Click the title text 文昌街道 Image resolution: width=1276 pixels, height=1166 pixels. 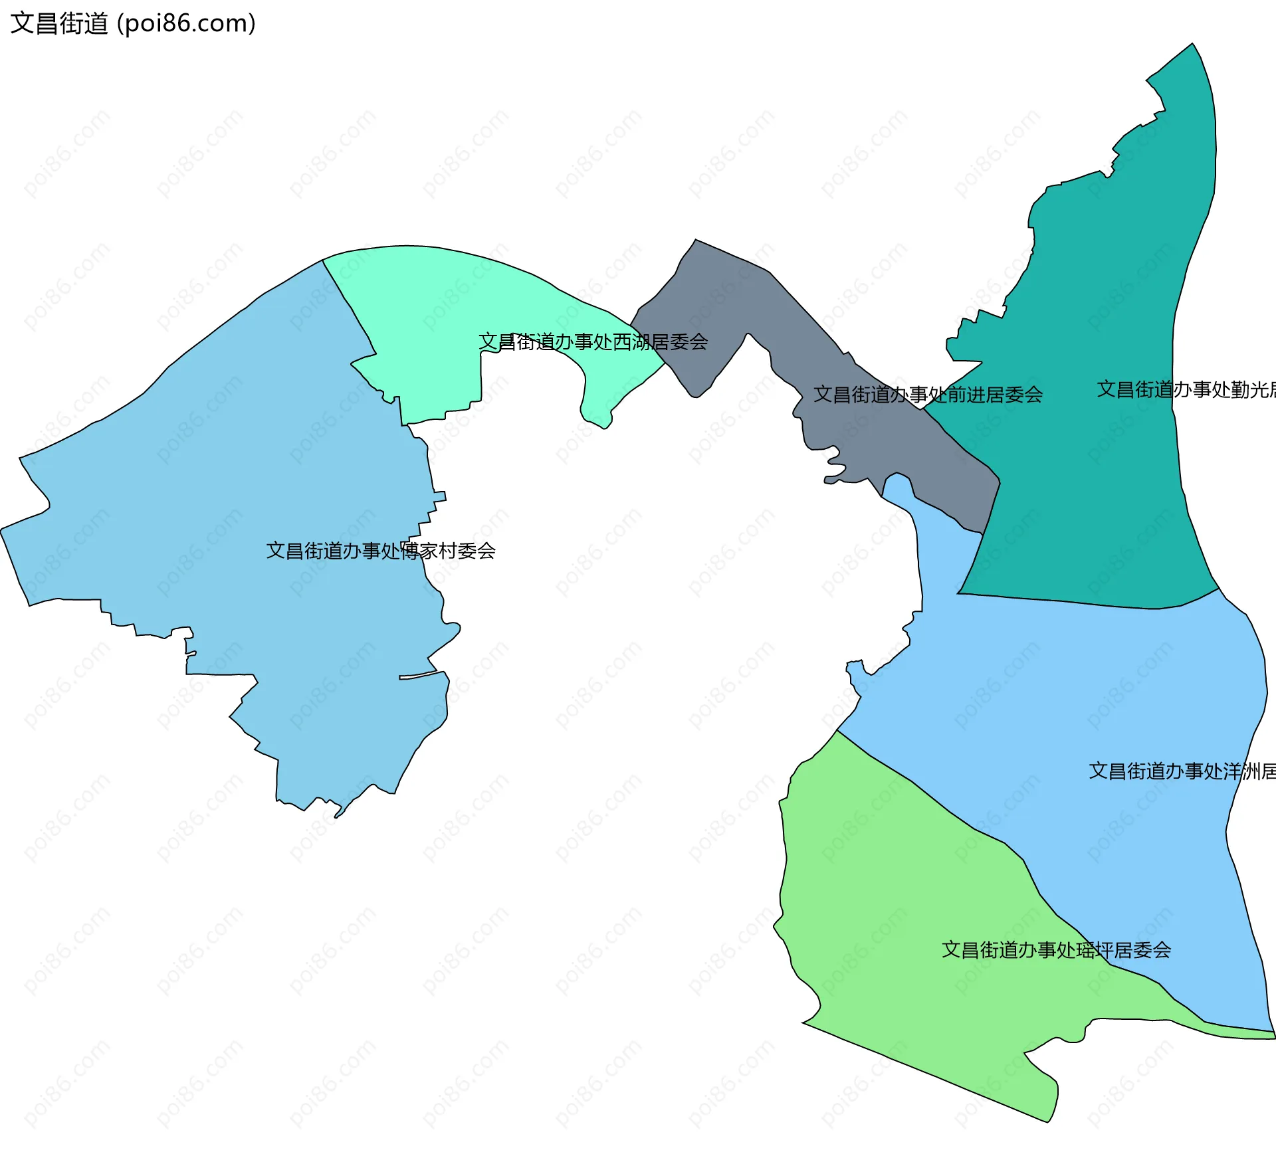[59, 23]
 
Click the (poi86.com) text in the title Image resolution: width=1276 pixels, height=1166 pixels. [186, 23]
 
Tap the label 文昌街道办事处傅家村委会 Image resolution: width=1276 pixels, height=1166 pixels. [381, 551]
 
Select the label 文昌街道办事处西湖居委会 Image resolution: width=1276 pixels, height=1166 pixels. [593, 342]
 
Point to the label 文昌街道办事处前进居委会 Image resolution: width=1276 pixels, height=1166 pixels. [928, 395]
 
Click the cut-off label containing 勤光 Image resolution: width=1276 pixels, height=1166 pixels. [1186, 389]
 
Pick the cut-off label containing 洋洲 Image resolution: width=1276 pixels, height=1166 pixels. [1182, 771]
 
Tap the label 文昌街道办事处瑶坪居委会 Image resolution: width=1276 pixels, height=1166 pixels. [1056, 950]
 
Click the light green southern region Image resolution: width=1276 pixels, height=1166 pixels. [897, 930]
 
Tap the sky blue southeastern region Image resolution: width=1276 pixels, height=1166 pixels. [1097, 698]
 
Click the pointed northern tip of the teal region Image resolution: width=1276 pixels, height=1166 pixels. [1192, 45]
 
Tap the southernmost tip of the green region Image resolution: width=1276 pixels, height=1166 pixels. [1048, 1122]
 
